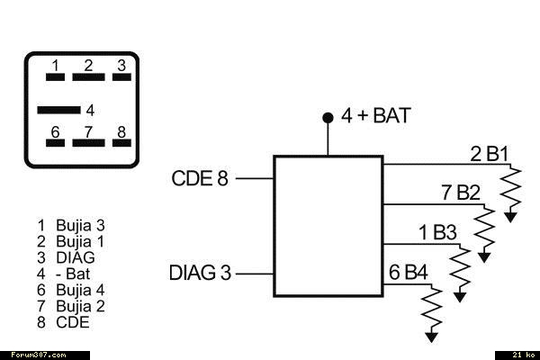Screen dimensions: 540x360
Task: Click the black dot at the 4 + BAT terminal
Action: (328, 118)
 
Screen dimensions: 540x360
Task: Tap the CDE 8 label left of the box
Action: (200, 178)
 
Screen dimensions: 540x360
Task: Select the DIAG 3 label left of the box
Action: (200, 273)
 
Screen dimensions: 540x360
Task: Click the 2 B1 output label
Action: (489, 154)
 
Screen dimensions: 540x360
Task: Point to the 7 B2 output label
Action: (461, 193)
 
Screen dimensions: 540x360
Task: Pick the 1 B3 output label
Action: (437, 232)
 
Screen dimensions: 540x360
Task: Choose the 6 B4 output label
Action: (409, 272)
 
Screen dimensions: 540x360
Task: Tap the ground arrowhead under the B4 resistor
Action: (431, 337)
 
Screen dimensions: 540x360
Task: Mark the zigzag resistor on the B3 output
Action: (460, 268)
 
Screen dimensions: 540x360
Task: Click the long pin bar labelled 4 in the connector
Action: (58, 110)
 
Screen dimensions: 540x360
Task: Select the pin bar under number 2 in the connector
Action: (88, 77)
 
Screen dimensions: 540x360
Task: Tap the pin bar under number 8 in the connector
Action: (121, 143)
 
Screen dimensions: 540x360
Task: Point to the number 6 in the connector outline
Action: (55, 132)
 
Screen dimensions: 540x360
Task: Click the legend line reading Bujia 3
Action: (71, 226)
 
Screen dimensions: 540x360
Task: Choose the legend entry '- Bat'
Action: (63, 274)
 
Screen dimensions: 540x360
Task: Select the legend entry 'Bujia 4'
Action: (71, 290)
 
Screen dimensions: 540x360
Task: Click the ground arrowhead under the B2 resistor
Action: (484, 257)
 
